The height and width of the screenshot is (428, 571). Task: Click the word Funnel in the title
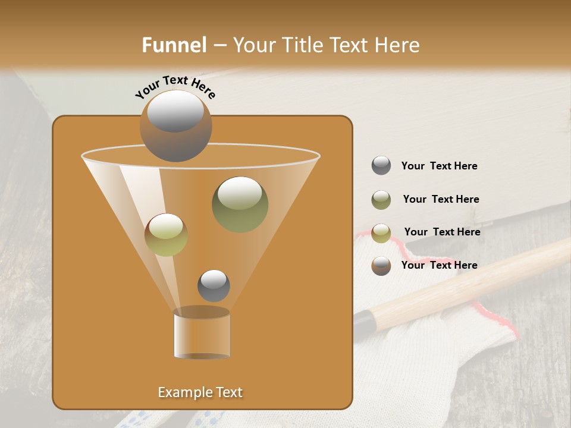pyautogui.click(x=174, y=45)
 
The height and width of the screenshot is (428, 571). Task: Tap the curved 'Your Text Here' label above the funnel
pyautogui.click(x=175, y=87)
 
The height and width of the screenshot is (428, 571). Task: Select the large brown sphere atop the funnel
pyautogui.click(x=175, y=126)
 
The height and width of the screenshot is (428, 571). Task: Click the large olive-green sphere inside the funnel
pyautogui.click(x=240, y=204)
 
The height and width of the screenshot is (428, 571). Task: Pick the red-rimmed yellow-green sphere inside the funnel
pyautogui.click(x=166, y=235)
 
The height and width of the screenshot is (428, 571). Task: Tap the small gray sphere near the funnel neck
pyautogui.click(x=214, y=285)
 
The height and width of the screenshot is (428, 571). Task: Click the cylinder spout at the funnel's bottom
pyautogui.click(x=202, y=335)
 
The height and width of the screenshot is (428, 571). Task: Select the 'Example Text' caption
pyautogui.click(x=200, y=392)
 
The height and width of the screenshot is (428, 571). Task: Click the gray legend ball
pyautogui.click(x=381, y=166)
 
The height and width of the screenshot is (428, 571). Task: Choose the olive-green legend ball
pyautogui.click(x=381, y=200)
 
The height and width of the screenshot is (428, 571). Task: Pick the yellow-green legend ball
pyautogui.click(x=381, y=233)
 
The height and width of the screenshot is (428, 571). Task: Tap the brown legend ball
pyautogui.click(x=381, y=266)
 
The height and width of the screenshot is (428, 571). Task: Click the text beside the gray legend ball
pyautogui.click(x=439, y=166)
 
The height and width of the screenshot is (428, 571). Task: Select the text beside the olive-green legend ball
pyautogui.click(x=441, y=200)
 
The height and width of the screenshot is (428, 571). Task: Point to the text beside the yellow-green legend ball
pyautogui.click(x=442, y=232)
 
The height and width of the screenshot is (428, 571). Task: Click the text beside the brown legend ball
pyautogui.click(x=439, y=265)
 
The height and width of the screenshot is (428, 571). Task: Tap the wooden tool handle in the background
pyautogui.click(x=476, y=282)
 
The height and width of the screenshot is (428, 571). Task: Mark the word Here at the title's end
pyautogui.click(x=397, y=45)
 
